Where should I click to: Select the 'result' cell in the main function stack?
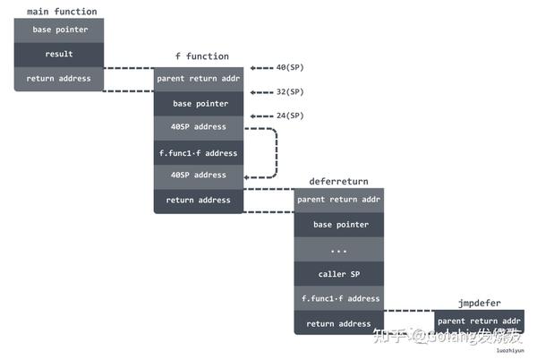pos(59,54)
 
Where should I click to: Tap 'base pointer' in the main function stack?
pos(59,30)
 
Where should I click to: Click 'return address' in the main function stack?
pos(59,79)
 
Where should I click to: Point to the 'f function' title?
pos(201,56)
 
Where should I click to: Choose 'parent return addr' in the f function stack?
pos(198,79)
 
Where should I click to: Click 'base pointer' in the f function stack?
pos(198,104)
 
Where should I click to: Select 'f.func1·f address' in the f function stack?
pos(198,152)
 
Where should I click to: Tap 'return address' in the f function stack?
pos(198,201)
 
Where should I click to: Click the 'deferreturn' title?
pos(338,181)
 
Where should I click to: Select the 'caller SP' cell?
pos(338,274)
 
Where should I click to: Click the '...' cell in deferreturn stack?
pos(338,250)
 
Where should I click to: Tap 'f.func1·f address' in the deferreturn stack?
pos(338,298)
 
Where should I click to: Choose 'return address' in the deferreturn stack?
pos(338,323)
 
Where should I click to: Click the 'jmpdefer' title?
pos(479,303)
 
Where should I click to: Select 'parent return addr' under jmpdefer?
pos(479,321)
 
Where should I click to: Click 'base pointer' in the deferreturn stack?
pos(338,225)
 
